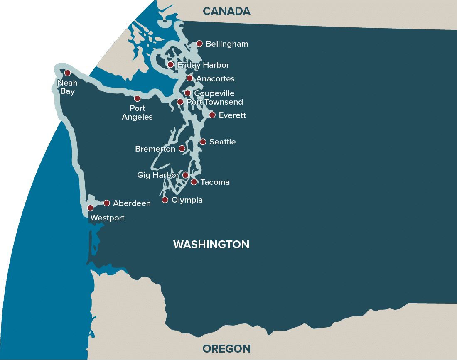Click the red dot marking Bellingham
click(x=199, y=44)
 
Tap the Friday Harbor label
click(x=203, y=65)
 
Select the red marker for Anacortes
click(x=189, y=78)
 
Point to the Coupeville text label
click(x=214, y=93)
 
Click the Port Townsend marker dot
click(x=180, y=102)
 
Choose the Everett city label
click(x=232, y=115)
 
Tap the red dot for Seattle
click(x=203, y=142)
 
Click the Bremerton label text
click(x=155, y=149)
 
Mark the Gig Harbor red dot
click(x=185, y=175)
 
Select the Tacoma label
click(x=215, y=182)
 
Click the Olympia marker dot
click(x=165, y=200)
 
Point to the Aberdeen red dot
click(x=106, y=203)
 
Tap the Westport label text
click(x=107, y=218)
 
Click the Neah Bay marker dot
click(x=67, y=73)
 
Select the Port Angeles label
click(x=137, y=113)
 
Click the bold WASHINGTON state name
click(x=211, y=245)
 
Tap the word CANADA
click(x=226, y=11)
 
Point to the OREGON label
click(x=226, y=349)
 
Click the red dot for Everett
click(x=212, y=115)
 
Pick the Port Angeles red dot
click(x=137, y=98)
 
